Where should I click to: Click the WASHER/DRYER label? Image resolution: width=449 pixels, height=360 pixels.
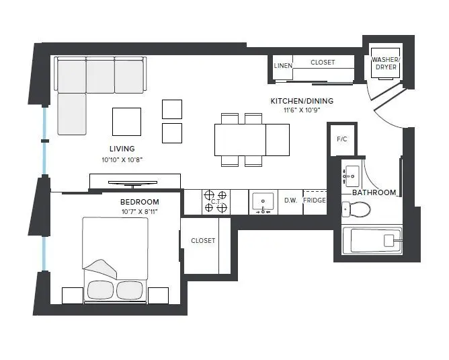[386, 64]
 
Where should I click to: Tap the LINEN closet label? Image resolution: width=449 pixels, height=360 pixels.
[282, 65]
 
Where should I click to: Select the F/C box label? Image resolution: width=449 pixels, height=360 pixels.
[341, 139]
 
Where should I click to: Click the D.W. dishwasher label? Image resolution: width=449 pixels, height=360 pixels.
[290, 201]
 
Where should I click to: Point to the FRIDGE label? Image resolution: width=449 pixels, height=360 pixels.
[315, 201]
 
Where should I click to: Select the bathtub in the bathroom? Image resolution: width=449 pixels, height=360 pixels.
[372, 240]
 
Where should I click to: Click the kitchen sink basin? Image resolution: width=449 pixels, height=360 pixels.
[263, 201]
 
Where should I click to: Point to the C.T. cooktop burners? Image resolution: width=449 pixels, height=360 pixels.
[216, 201]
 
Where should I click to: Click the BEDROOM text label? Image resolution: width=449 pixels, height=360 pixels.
[140, 202]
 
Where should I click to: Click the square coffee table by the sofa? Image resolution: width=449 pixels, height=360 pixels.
[127, 122]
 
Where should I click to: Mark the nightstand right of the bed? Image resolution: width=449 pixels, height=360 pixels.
[158, 295]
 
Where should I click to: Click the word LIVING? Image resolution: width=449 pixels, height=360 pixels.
[122, 149]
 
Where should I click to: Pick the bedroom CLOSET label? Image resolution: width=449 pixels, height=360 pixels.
[203, 240]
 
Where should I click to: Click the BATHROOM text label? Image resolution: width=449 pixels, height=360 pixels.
[374, 192]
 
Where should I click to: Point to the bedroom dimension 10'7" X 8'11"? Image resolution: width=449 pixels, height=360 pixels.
[140, 212]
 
